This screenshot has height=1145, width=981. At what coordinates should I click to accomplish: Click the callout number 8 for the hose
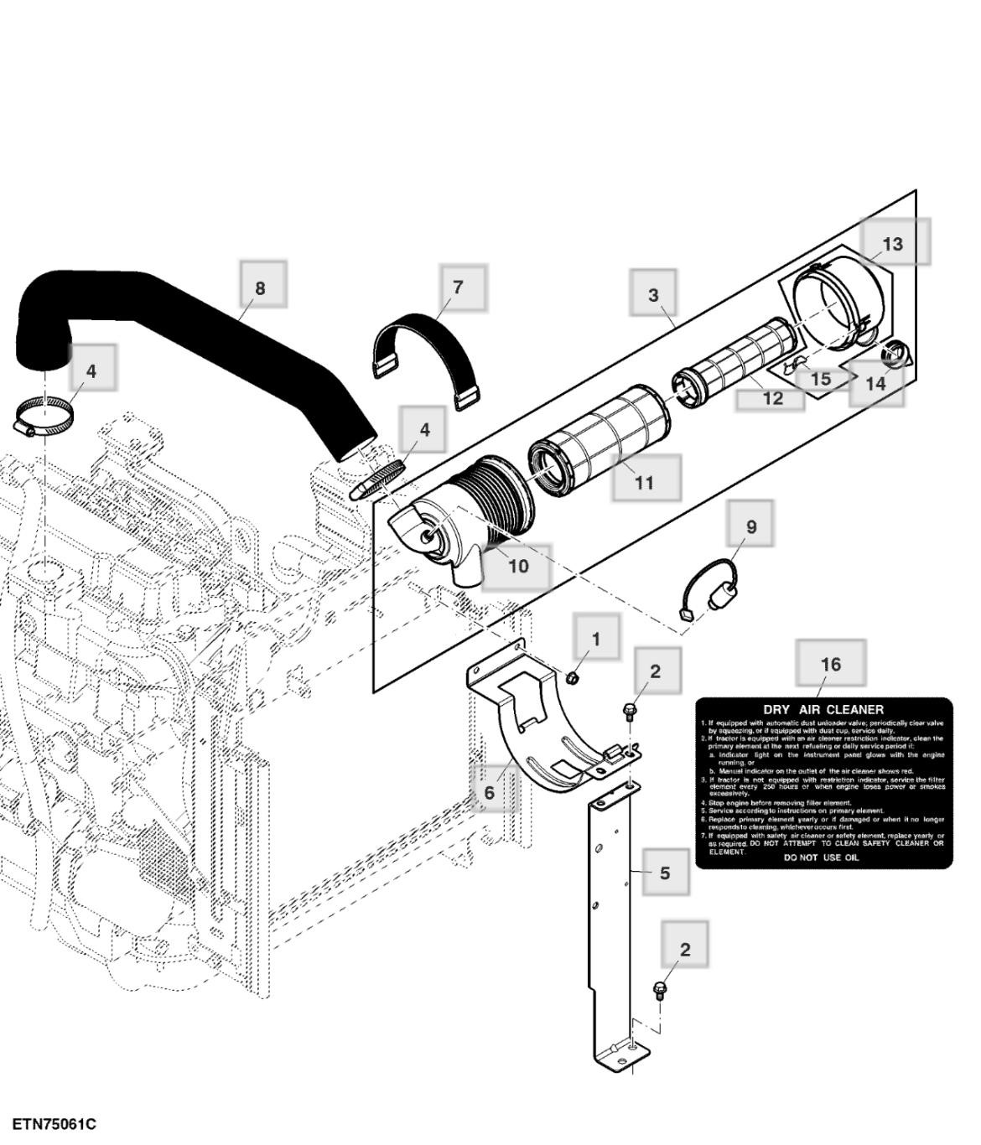(x=260, y=288)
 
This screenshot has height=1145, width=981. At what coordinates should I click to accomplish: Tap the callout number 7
(x=458, y=287)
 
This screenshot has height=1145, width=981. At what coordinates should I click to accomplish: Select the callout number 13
(x=893, y=243)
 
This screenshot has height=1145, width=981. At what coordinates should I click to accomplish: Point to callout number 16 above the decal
(x=830, y=664)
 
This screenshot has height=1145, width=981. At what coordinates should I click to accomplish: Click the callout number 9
(x=751, y=526)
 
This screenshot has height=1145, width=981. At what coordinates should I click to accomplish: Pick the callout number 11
(x=644, y=482)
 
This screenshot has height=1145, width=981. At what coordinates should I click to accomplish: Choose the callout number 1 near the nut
(x=596, y=639)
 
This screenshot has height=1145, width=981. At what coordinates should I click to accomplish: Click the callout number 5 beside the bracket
(x=665, y=873)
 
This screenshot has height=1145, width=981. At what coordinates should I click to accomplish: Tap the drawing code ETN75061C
(x=54, y=1123)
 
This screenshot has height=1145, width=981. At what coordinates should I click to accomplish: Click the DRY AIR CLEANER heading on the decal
(x=823, y=709)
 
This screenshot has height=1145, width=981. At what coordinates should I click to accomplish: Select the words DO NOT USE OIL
(x=821, y=857)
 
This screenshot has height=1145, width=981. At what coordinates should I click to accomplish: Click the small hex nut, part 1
(x=573, y=676)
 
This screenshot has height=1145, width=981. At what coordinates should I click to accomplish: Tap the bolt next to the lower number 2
(x=659, y=991)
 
